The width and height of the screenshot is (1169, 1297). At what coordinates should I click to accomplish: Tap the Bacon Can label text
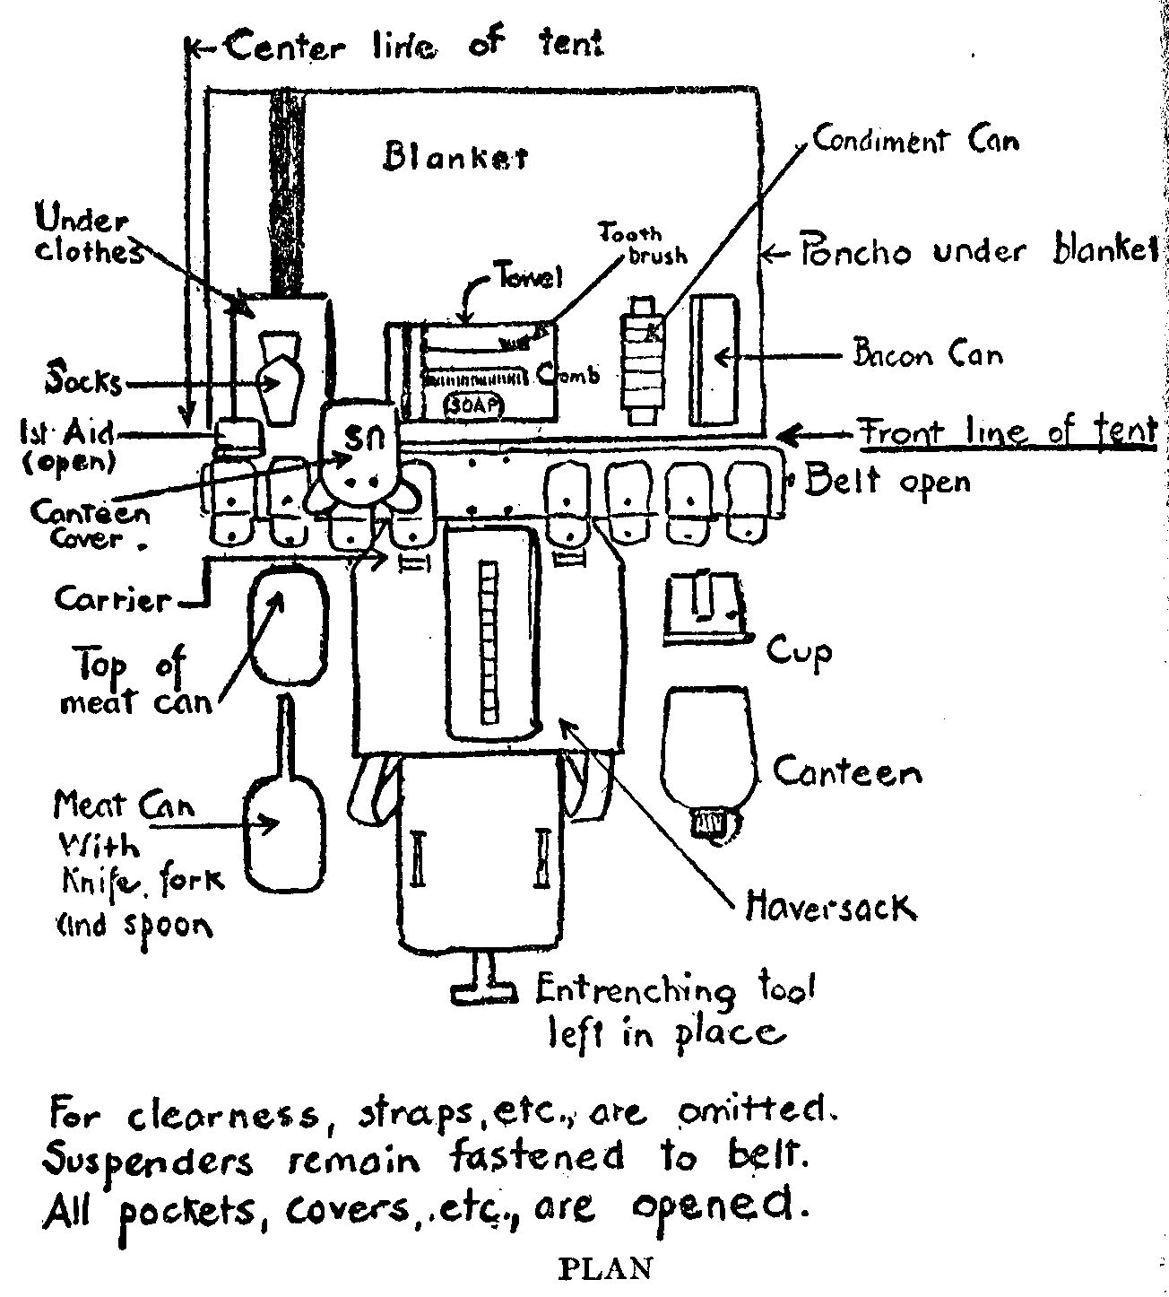click(x=926, y=355)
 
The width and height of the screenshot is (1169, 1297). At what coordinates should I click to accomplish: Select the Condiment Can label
click(x=915, y=141)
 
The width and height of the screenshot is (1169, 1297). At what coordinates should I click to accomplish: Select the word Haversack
click(x=830, y=909)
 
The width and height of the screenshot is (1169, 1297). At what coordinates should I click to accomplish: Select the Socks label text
click(x=84, y=382)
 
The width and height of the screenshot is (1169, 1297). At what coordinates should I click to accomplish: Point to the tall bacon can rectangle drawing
click(x=714, y=361)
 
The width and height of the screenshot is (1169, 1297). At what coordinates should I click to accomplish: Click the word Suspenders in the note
click(x=148, y=1162)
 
